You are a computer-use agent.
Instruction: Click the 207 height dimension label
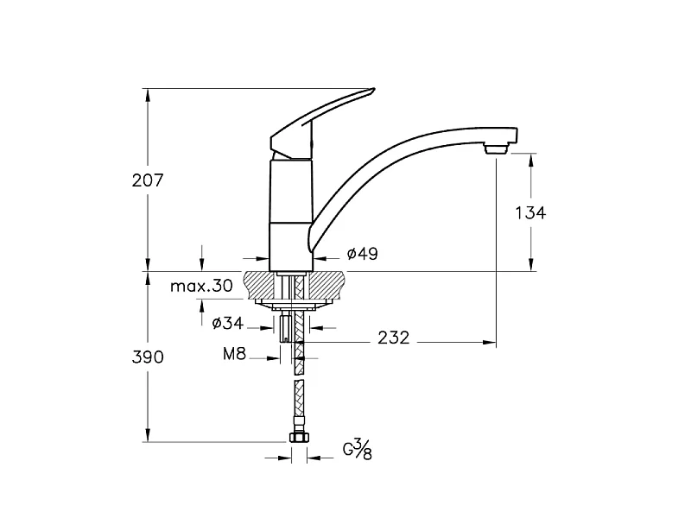point(148,180)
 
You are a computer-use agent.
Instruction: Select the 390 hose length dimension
point(148,357)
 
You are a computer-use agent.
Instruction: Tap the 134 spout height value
point(530,212)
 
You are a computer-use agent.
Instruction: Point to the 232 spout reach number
point(394,338)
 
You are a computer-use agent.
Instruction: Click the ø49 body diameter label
point(362,254)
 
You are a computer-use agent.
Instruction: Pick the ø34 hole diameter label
point(227,323)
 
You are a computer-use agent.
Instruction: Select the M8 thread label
point(234,353)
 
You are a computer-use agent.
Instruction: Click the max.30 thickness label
point(201,287)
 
